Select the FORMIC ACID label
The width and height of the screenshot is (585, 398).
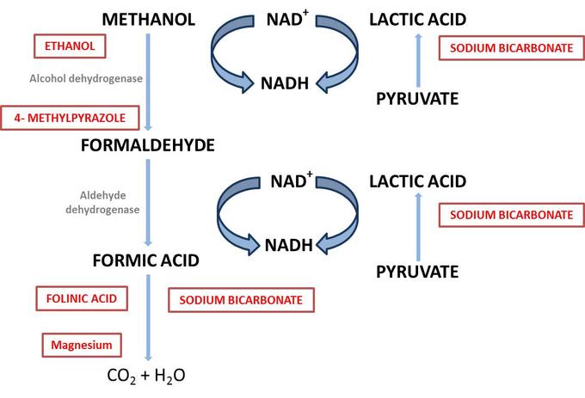(x=146, y=260)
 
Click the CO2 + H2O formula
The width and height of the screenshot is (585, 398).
(x=145, y=376)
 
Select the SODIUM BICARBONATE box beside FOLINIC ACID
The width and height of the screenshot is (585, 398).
(x=241, y=300)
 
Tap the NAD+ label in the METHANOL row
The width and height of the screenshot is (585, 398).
(x=288, y=18)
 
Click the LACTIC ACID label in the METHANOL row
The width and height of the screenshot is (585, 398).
(x=417, y=19)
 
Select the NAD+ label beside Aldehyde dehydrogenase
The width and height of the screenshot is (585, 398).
(x=288, y=181)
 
